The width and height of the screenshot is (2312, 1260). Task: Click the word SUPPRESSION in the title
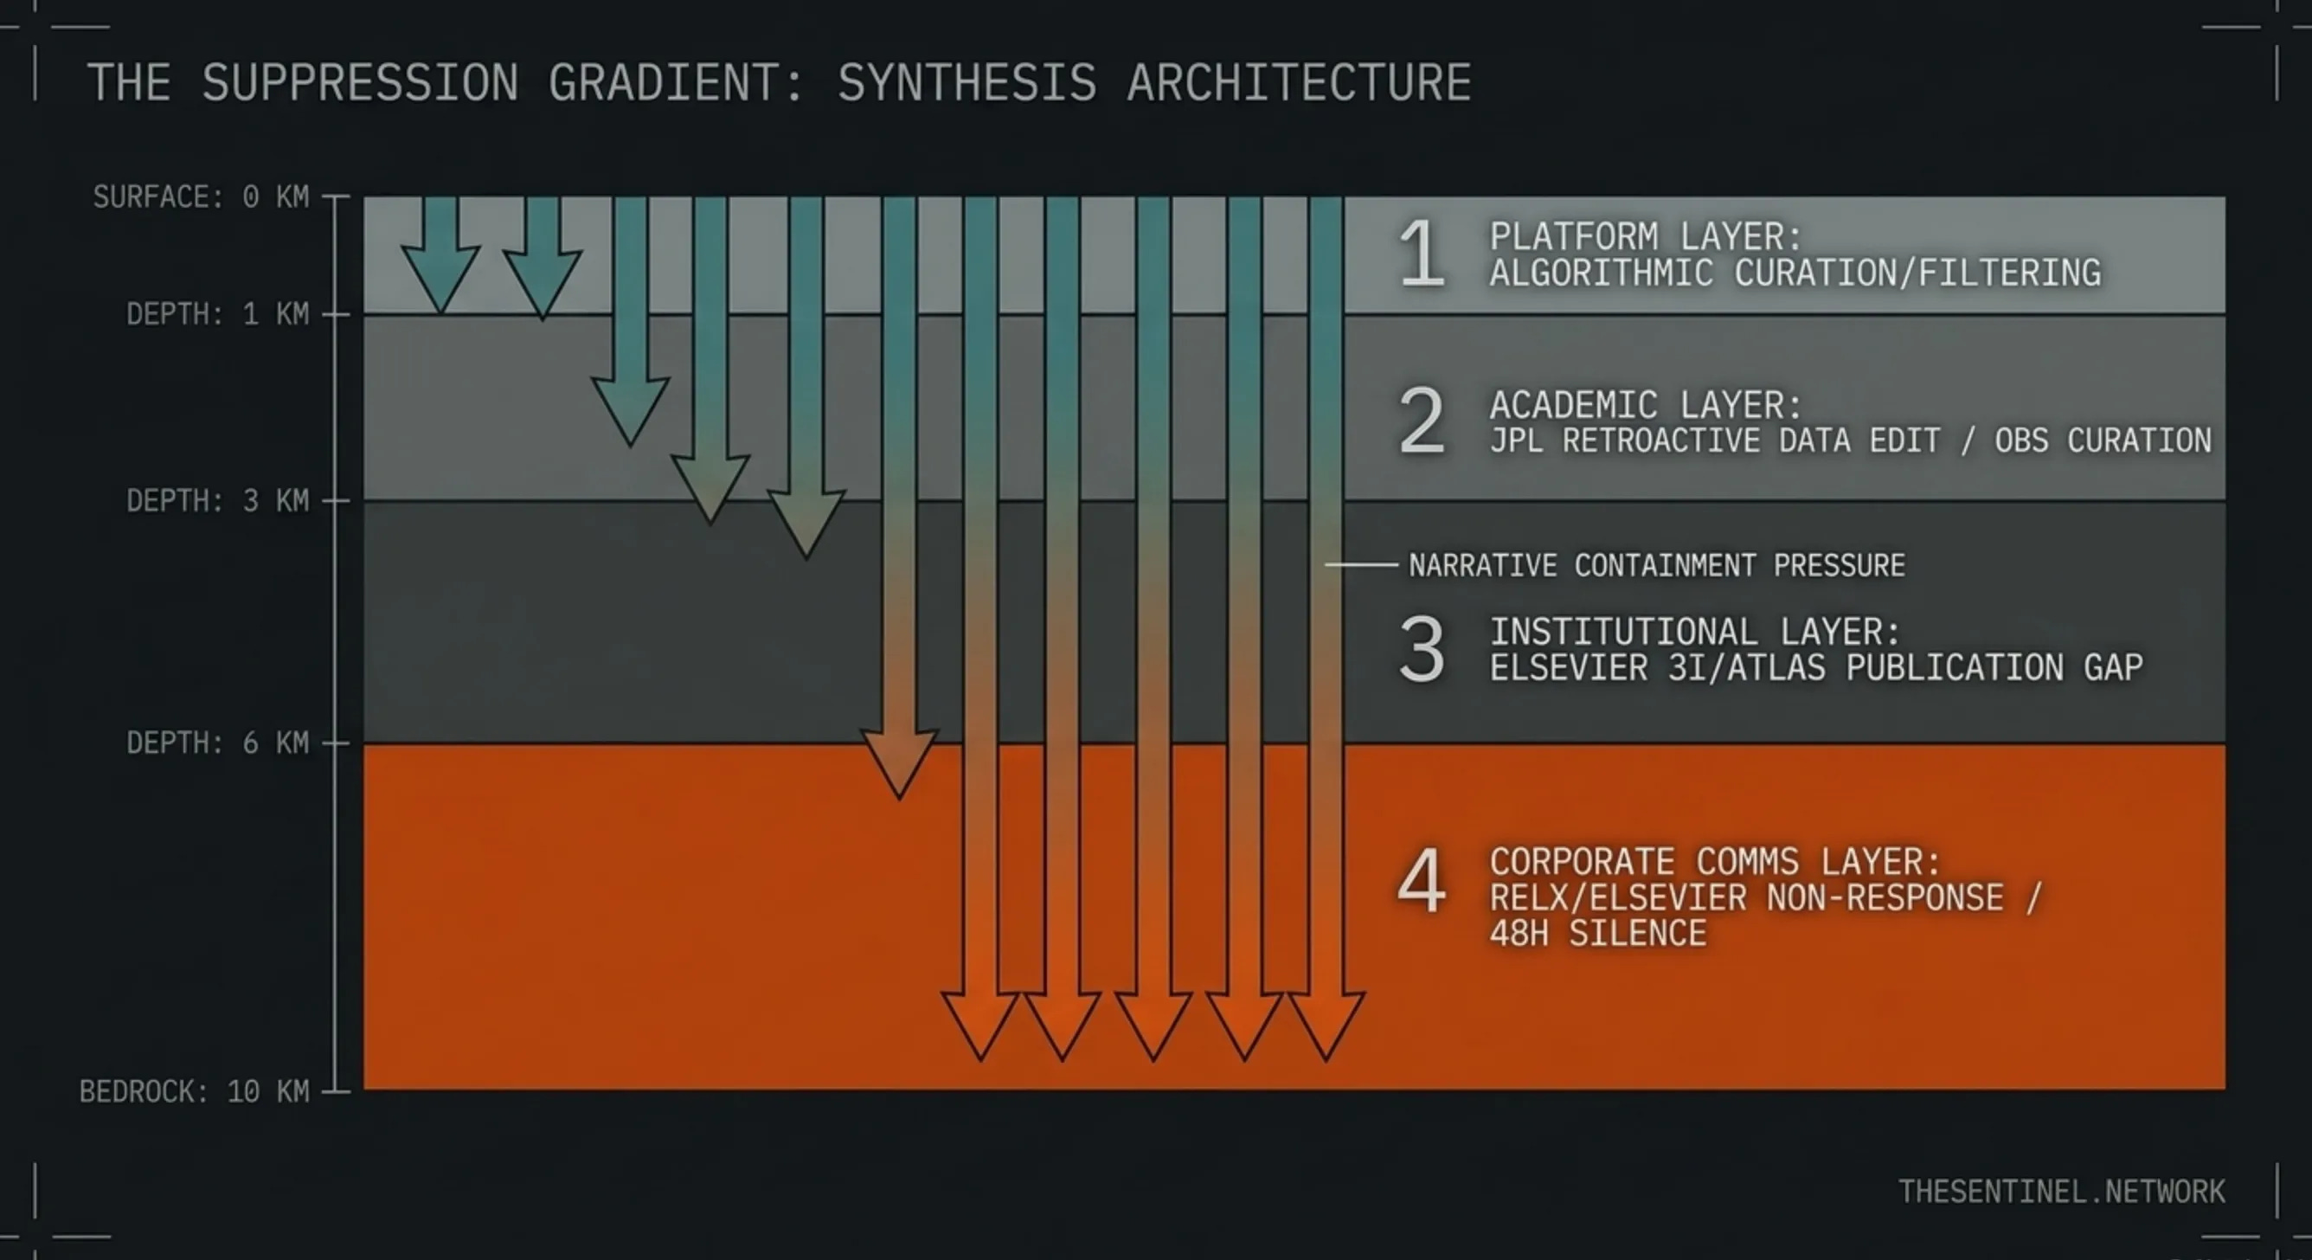(x=359, y=82)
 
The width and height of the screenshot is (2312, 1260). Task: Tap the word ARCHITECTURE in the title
(x=1299, y=82)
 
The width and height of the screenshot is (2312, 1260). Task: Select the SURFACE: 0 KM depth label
(x=201, y=196)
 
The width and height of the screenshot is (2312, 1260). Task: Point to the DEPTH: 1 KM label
(x=217, y=314)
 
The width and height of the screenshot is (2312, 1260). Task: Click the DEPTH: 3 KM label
(x=217, y=501)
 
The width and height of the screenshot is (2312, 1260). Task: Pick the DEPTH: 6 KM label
(x=217, y=743)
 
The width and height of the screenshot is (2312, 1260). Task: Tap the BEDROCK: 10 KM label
(x=194, y=1091)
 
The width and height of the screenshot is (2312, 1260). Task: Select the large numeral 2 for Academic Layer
(x=1422, y=421)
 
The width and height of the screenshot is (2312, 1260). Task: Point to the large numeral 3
(x=1422, y=649)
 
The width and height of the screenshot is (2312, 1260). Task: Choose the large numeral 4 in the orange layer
(x=1422, y=880)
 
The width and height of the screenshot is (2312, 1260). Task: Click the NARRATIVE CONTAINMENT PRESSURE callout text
(x=1656, y=565)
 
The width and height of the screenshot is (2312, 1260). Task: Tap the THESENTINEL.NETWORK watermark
(x=2061, y=1192)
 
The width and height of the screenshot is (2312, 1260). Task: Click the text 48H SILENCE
(x=1597, y=935)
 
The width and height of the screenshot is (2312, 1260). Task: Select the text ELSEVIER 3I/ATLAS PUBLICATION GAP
(x=1815, y=668)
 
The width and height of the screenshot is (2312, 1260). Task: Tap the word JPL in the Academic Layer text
(x=1516, y=440)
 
